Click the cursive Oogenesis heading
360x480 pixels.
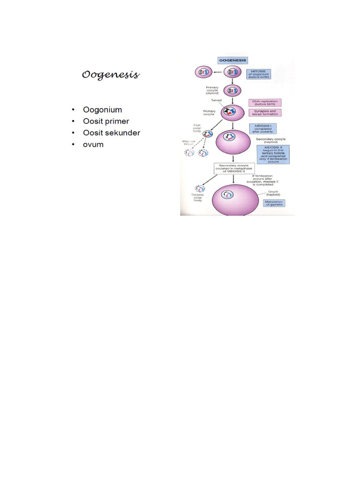pyautogui.click(x=111, y=75)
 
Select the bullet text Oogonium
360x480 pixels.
pyautogui.click(x=102, y=110)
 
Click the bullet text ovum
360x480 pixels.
pyautogui.click(x=93, y=144)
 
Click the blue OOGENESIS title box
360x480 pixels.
pyautogui.click(x=233, y=60)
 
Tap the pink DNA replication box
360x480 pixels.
pyautogui.click(x=265, y=103)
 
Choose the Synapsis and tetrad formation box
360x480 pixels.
pyautogui.click(x=265, y=112)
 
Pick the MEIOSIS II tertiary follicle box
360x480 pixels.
pyautogui.click(x=273, y=154)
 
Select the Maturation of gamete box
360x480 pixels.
pyautogui.click(x=274, y=203)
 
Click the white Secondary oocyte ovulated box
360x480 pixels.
pyautogui.click(x=233, y=168)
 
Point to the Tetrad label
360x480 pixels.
pyautogui.click(x=210, y=100)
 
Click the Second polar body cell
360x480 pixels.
pyautogui.click(x=200, y=188)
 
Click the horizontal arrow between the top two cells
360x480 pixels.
pyautogui.click(x=218, y=72)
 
